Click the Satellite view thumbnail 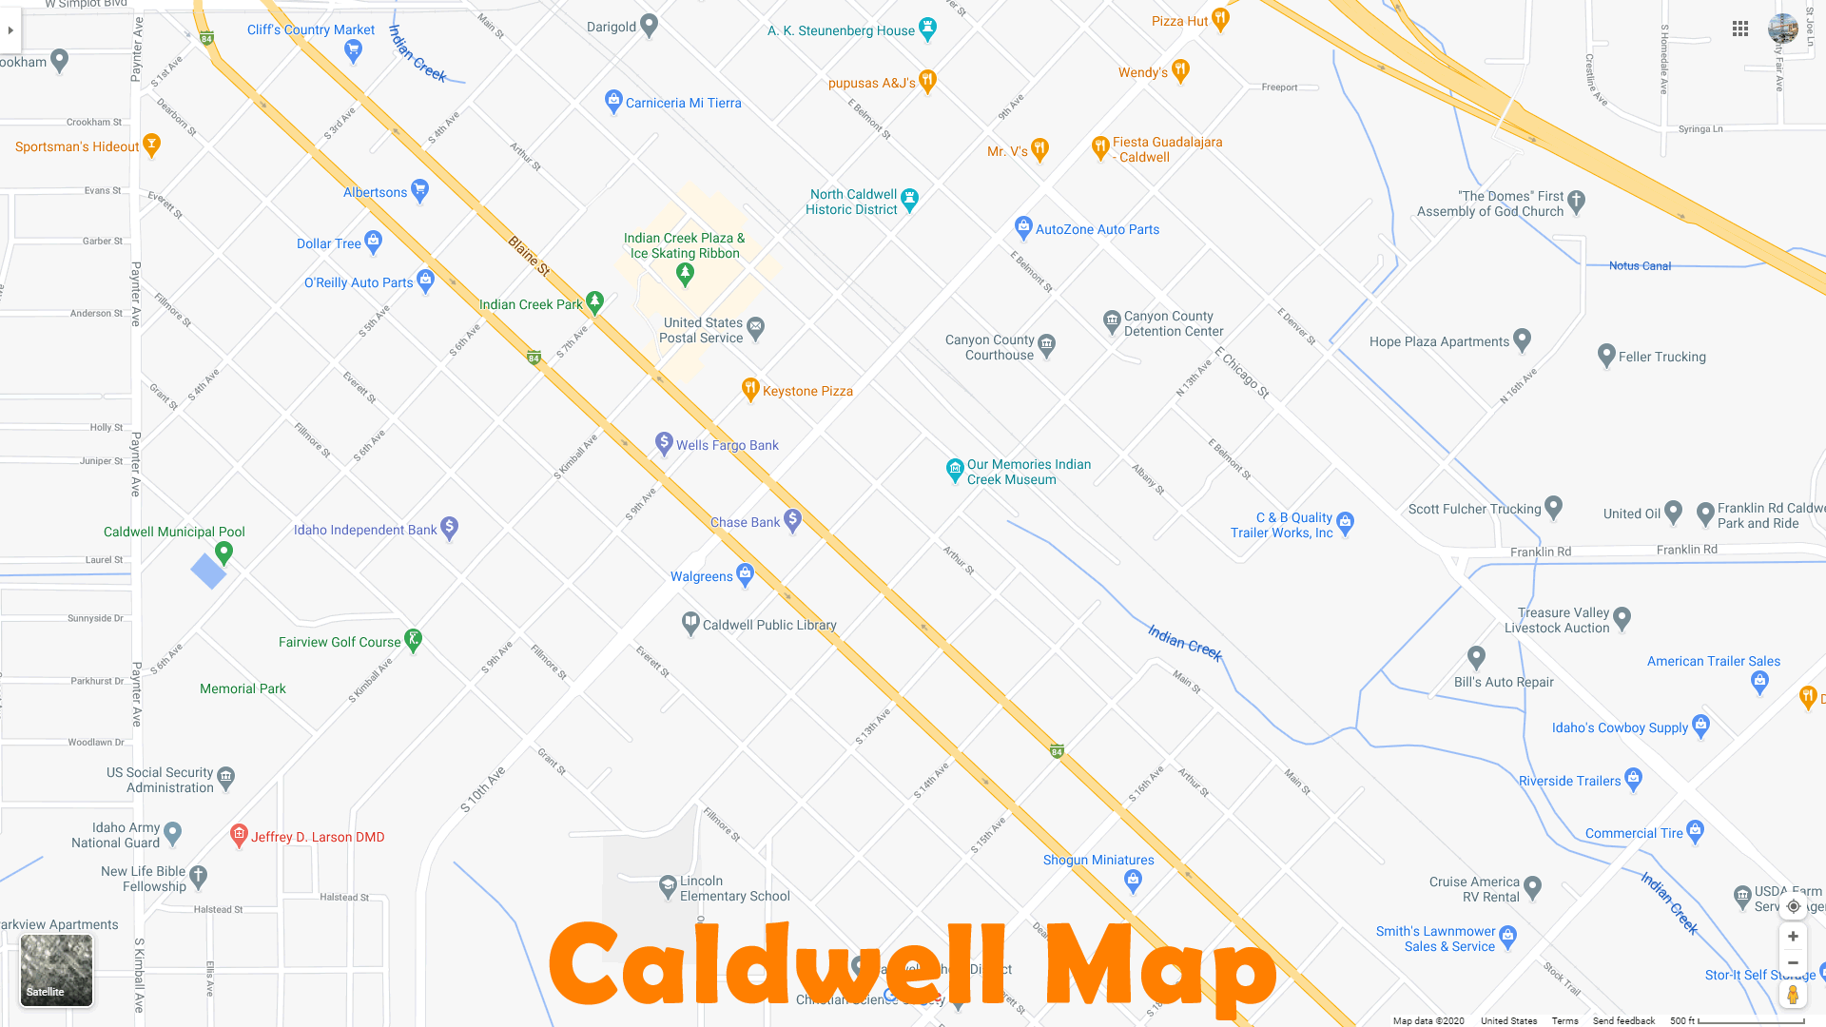57,970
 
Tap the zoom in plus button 1793,937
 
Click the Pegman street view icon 1793,995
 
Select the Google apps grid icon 1740,29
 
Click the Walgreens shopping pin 745,573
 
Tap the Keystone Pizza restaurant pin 750,388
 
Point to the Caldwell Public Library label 769,625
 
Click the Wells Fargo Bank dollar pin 665,442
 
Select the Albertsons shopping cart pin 419,189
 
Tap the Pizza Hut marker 1220,18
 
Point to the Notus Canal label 1640,266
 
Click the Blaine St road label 529,256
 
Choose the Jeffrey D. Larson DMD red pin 239,834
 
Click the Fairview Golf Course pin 413,639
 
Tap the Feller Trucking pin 1606,355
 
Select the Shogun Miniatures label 1098,860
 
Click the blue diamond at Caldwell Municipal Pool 208,572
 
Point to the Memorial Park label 243,688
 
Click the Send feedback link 1623,1020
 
